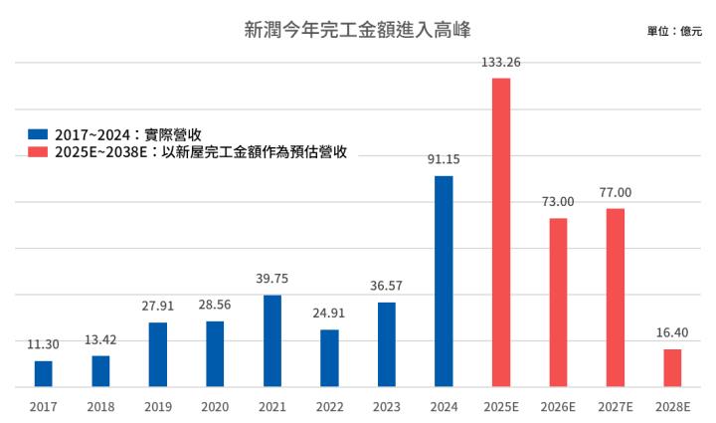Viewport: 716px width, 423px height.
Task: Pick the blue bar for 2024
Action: pyautogui.click(x=444, y=281)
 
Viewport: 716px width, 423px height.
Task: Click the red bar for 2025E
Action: pyautogui.click(x=501, y=232)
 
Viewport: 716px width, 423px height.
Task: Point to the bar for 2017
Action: pyautogui.click(x=43, y=373)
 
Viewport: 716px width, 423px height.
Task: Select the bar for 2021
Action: pyautogui.click(x=271, y=340)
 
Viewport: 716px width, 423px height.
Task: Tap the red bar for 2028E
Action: pyautogui.click(x=672, y=367)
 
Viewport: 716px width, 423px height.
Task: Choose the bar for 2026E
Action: pyautogui.click(x=558, y=302)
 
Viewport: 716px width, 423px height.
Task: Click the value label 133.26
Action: pyautogui.click(x=501, y=62)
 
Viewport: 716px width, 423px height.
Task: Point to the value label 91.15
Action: pyautogui.click(x=444, y=158)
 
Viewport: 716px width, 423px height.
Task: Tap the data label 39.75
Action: pyautogui.click(x=271, y=279)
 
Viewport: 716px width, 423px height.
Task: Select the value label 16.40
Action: pyautogui.click(x=672, y=332)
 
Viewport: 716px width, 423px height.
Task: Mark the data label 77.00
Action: pyautogui.click(x=616, y=192)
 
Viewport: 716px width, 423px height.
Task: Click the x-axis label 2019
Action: pyautogui.click(x=157, y=406)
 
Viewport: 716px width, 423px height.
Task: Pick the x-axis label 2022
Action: pyautogui.click(x=329, y=406)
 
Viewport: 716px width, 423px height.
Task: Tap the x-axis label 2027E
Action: pyautogui.click(x=616, y=406)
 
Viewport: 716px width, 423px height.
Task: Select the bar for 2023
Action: pyautogui.click(x=386, y=344)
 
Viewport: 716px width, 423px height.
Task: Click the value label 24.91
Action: pyautogui.click(x=329, y=313)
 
